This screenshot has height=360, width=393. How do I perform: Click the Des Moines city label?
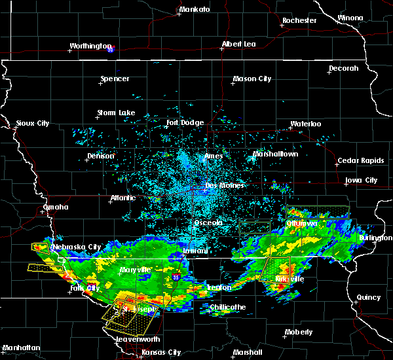coord(224,185)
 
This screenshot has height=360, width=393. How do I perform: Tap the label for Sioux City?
coord(32,123)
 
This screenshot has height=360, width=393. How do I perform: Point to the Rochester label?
coord(299,20)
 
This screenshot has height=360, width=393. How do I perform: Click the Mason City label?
coord(252,79)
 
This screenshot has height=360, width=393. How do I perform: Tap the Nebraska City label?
coord(77,247)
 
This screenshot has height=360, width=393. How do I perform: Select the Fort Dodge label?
coord(185,122)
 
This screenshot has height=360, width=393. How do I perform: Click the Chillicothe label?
coord(228,307)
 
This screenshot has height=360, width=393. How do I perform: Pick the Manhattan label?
coord(21,348)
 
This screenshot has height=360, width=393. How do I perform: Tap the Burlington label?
coord(376,238)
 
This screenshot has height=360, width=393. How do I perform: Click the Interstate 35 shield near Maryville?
coord(176,278)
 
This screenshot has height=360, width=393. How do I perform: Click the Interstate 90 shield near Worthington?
coord(111,48)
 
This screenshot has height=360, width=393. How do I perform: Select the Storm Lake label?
coord(116,113)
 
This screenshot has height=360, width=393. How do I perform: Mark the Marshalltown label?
coord(275,154)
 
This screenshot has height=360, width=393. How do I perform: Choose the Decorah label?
coord(344,68)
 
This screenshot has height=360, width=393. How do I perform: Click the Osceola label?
coord(208,223)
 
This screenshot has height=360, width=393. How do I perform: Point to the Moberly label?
coord(299,333)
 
